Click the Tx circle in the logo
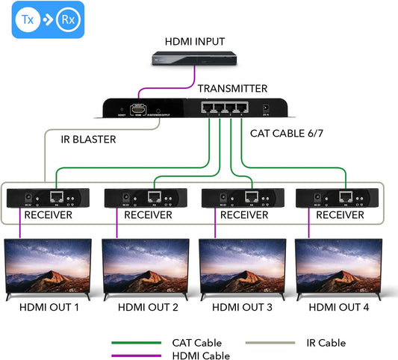(25, 19)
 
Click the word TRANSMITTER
(232, 89)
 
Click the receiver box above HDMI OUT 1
(49, 199)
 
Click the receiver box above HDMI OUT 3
(243, 199)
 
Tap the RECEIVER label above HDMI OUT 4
(340, 215)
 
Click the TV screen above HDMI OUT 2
(145, 266)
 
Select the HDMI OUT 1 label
(48, 307)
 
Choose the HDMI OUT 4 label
(340, 307)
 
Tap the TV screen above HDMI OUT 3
(243, 266)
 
